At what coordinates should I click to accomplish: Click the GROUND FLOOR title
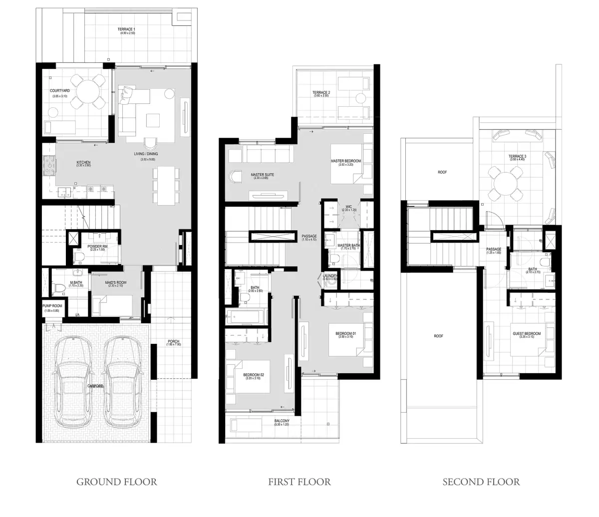(116, 482)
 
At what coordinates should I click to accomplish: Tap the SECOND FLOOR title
(481, 482)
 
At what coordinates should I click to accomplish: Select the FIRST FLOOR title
(299, 482)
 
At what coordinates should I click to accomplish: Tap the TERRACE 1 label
(126, 29)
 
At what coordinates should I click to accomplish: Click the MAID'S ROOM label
(116, 282)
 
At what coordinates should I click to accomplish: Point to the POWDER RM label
(98, 247)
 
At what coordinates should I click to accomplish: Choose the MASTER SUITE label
(262, 175)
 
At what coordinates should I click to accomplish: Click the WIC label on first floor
(349, 206)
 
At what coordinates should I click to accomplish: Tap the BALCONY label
(282, 421)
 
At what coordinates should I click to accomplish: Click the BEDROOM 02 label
(254, 375)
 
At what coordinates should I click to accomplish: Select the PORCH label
(173, 342)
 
